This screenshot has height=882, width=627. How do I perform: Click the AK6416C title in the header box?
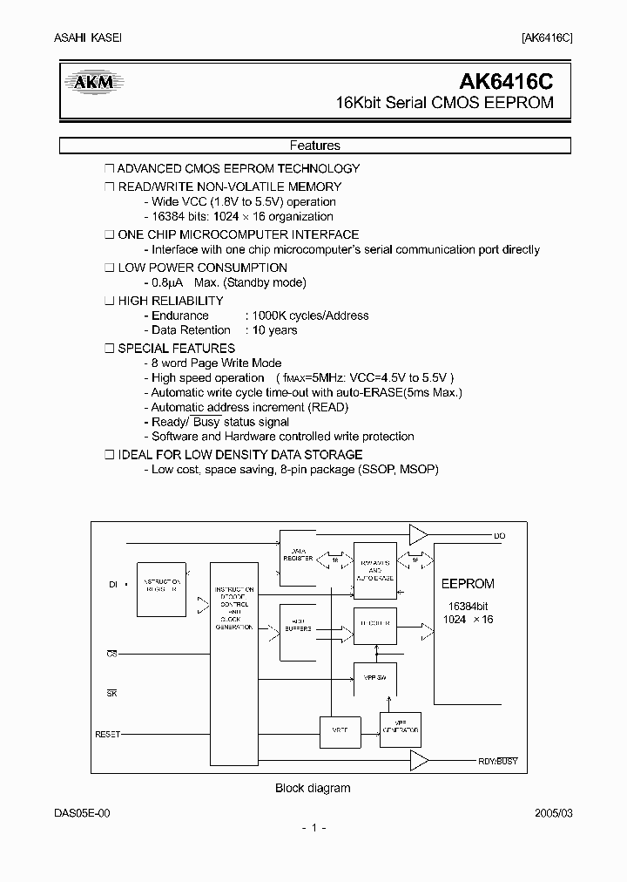tap(506, 82)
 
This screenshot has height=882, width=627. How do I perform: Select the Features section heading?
tap(314, 146)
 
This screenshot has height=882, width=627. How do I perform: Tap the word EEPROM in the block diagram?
tap(468, 584)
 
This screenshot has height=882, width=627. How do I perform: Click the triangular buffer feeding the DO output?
tap(419, 534)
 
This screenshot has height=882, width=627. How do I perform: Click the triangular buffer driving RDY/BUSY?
tap(419, 761)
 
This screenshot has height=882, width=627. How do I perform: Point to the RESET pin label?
tap(107, 735)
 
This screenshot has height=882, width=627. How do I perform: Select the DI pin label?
tap(113, 586)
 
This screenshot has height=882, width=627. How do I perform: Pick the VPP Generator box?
tap(401, 729)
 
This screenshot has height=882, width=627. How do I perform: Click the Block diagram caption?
tap(313, 788)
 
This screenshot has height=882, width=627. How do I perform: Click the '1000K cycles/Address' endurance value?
tap(308, 315)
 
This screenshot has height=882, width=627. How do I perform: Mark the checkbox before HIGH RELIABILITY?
tap(109, 301)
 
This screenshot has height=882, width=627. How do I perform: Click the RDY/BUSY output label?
tap(498, 761)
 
